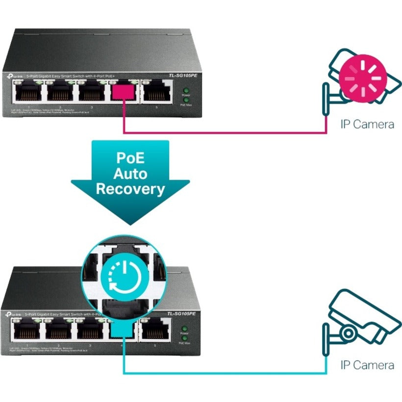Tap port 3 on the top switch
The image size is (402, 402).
91,91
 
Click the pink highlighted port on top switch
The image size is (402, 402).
123,91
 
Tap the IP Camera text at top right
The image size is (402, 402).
367,124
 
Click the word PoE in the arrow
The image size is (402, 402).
130,158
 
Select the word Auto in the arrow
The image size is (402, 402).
130,174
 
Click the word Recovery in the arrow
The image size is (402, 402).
130,189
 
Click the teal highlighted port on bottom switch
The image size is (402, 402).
123,331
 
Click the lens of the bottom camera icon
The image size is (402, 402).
348,334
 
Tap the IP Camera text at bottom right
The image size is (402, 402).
367,365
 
